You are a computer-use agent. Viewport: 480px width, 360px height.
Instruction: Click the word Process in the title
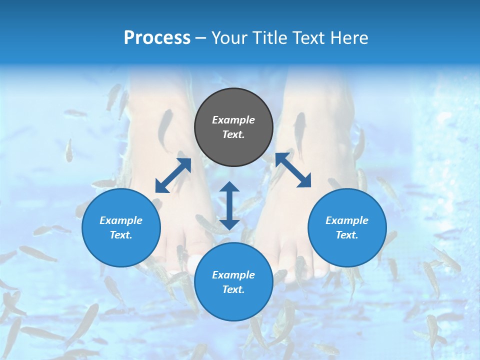point(157,38)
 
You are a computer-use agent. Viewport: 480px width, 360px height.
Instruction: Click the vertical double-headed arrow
point(229,205)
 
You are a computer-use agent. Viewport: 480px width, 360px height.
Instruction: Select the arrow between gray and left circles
point(173,175)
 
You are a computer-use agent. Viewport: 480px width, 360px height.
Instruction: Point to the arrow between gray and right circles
point(293,170)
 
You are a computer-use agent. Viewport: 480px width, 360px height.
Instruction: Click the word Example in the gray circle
point(233,120)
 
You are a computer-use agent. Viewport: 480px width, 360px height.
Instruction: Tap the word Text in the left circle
point(121,235)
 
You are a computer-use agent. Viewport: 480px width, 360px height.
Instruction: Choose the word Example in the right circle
point(347,220)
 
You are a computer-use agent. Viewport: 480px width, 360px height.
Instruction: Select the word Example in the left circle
point(121,220)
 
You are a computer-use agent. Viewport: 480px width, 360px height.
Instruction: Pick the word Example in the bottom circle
point(233,275)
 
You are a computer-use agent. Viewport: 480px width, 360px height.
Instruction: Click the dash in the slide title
point(201,38)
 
